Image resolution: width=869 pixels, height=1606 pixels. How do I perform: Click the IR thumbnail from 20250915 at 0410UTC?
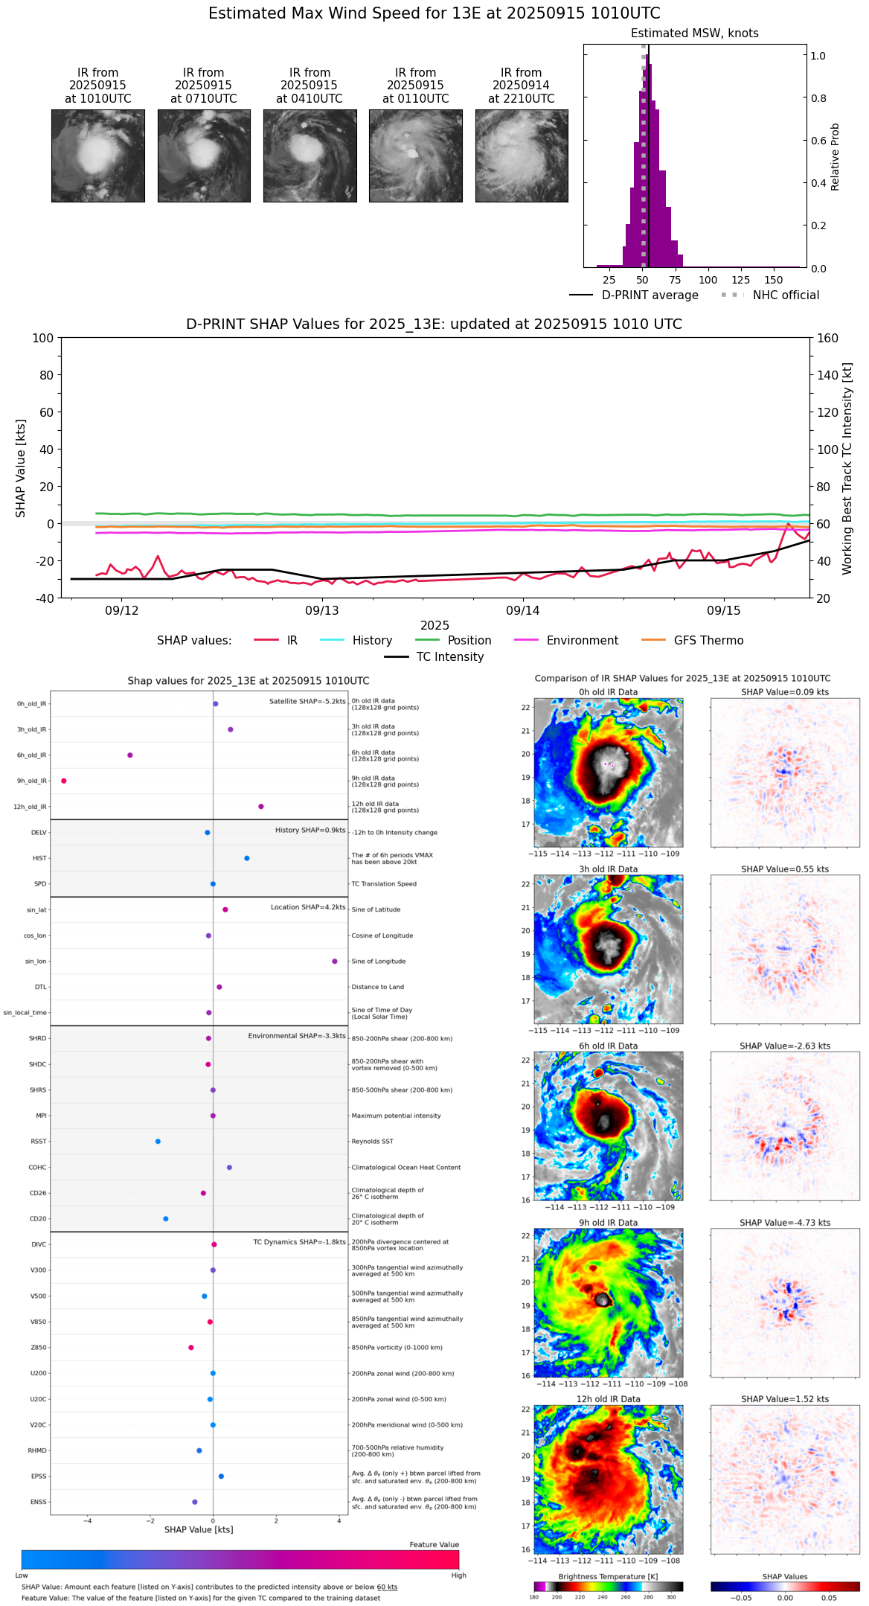310,156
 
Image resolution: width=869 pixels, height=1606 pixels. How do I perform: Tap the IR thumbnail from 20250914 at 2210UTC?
522,156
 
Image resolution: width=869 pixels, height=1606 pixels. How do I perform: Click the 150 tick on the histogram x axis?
774,280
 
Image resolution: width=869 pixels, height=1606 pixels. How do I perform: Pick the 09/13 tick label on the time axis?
322,610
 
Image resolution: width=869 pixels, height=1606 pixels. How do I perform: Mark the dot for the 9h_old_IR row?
64,781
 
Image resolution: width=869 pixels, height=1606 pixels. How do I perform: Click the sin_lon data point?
335,962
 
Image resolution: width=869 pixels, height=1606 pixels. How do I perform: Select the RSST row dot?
158,1142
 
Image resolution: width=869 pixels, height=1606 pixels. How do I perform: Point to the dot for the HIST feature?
247,858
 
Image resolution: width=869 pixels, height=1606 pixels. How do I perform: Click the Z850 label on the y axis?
39,1348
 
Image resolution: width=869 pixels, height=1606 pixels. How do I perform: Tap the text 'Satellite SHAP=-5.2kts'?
307,701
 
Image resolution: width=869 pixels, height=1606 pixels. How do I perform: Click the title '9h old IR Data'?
608,1223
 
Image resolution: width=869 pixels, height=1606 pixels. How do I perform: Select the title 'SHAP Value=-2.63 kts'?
785,1046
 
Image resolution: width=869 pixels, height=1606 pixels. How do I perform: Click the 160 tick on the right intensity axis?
828,338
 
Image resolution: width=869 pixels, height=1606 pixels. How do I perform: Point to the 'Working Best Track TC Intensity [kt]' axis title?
847,469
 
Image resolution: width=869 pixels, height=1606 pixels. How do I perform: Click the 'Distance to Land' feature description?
378,987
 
